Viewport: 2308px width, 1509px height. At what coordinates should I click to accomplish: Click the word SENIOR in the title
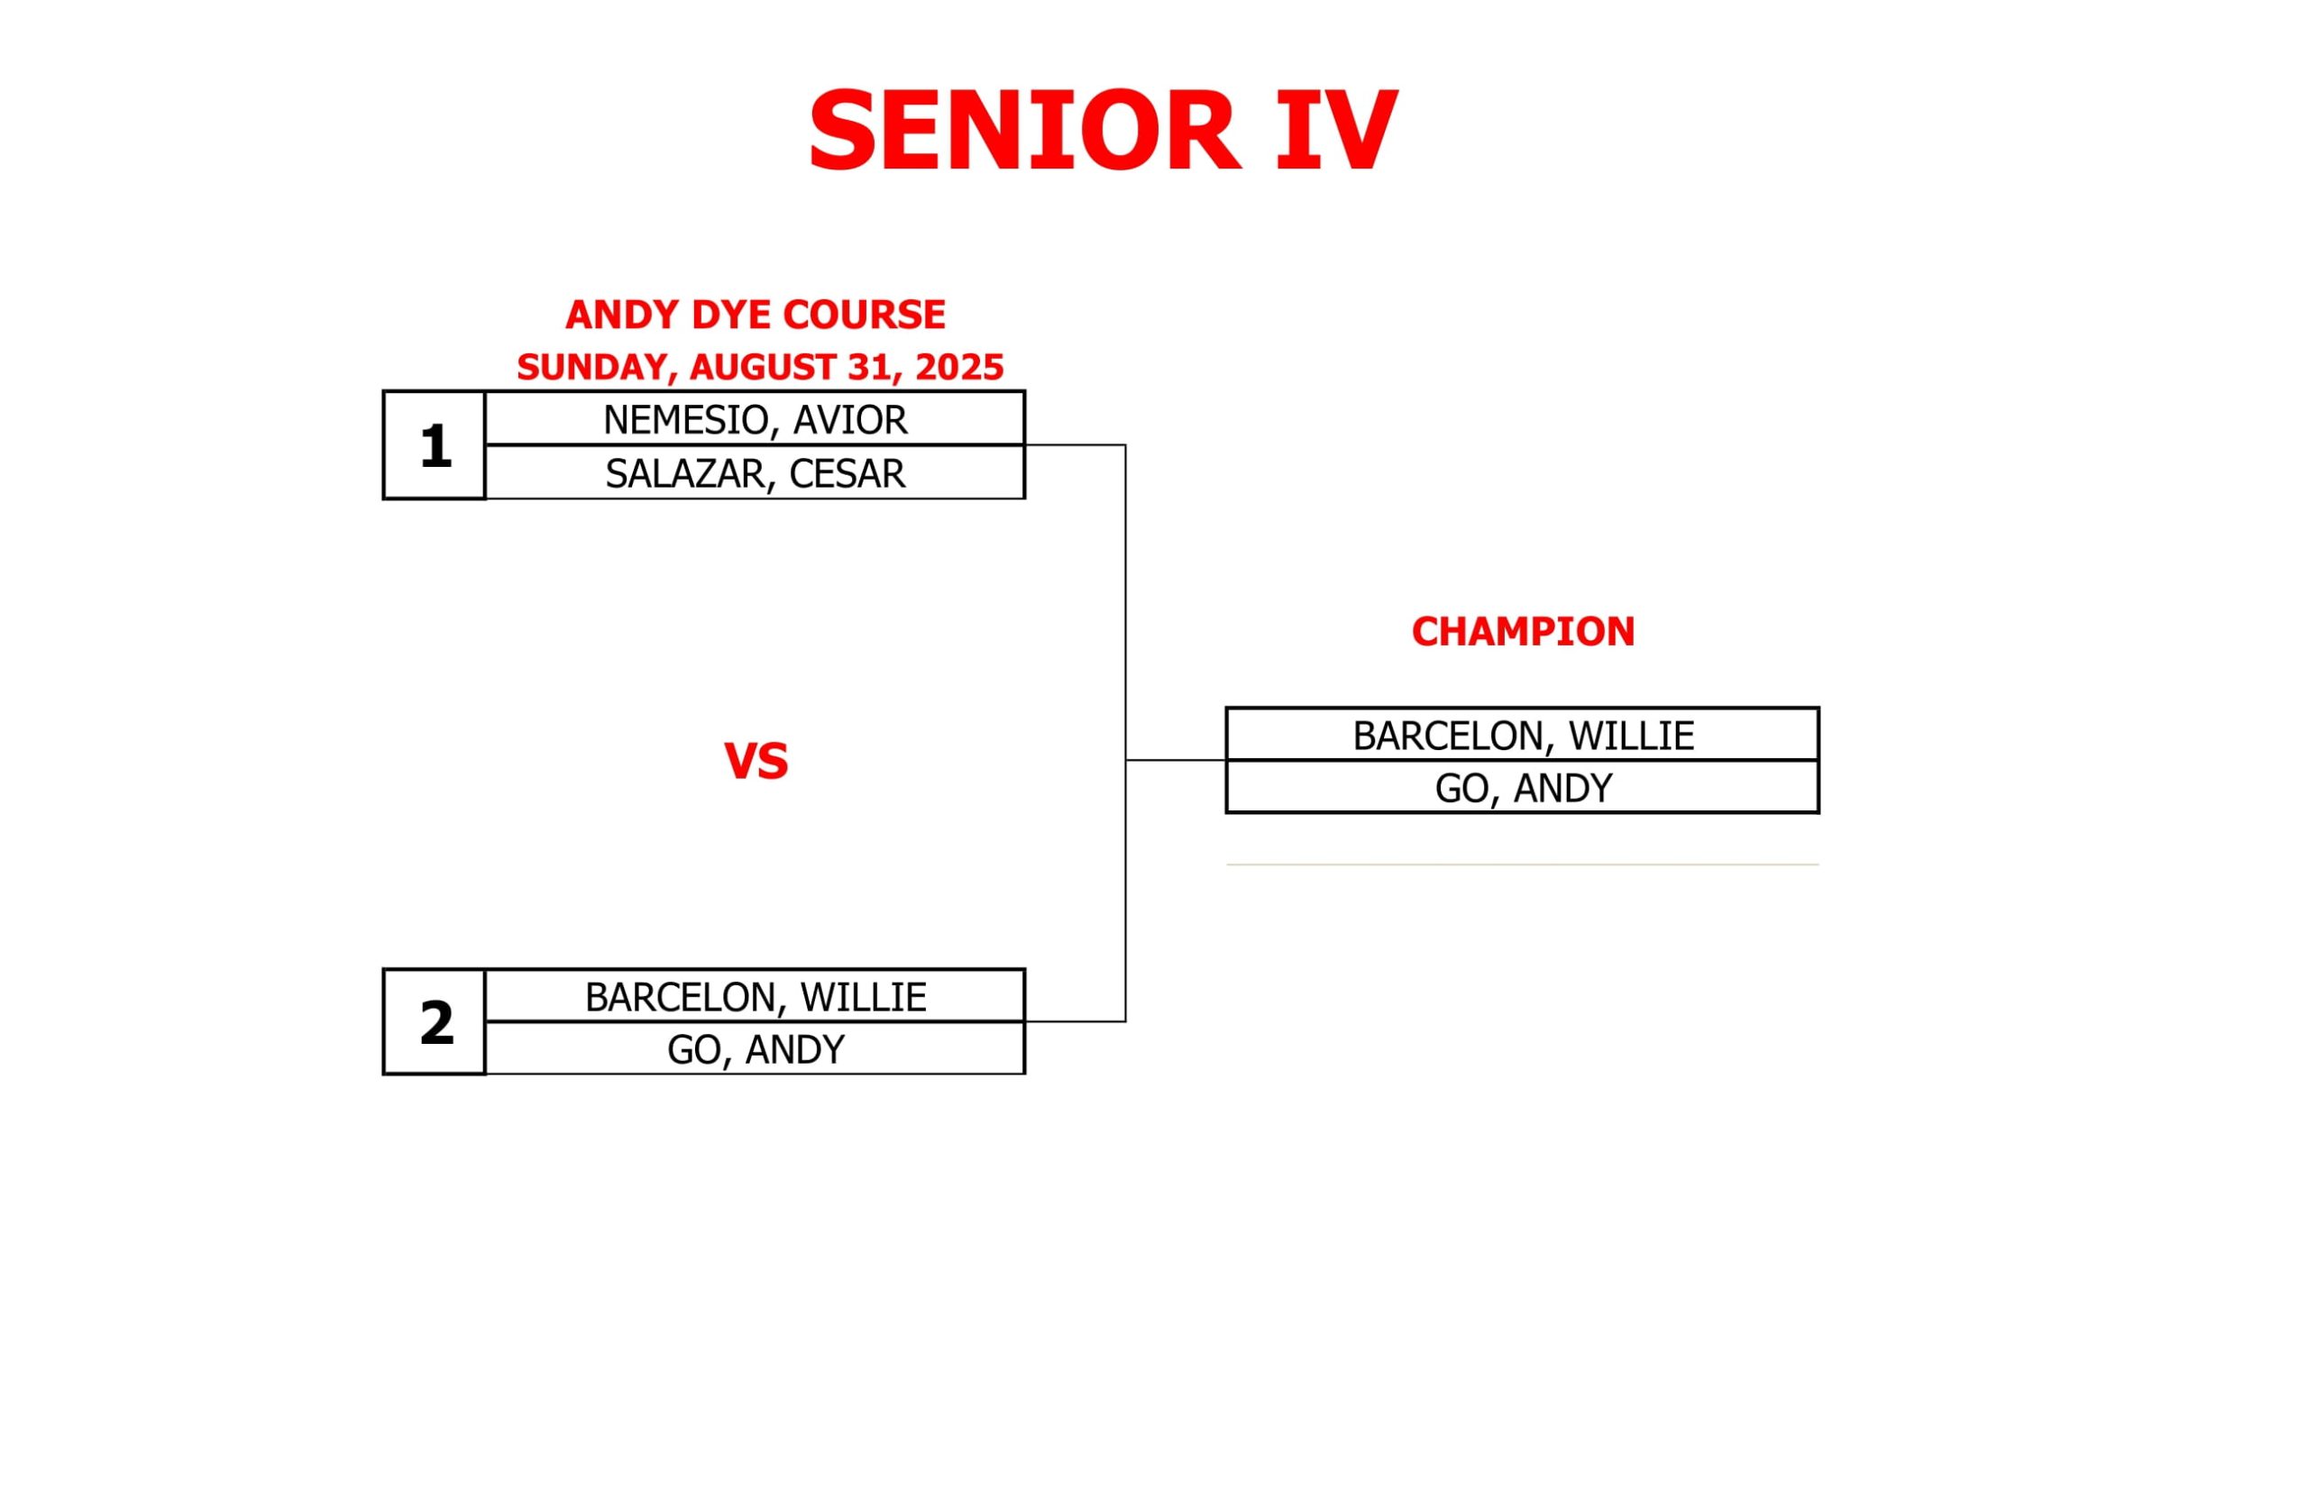1024,131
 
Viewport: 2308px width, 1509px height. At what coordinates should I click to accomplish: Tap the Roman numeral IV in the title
1336,131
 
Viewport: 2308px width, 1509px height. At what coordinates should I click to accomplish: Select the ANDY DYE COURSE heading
756,315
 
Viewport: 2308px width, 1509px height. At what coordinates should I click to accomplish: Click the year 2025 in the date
958,367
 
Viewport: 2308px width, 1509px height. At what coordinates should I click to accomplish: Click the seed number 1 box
435,445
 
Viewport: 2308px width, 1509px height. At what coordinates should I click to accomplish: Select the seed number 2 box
435,1022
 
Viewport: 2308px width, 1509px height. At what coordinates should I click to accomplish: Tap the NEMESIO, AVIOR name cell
756,419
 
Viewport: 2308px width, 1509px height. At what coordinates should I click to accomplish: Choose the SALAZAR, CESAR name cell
756,472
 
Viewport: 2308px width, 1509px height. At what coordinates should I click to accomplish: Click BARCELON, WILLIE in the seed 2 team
756,996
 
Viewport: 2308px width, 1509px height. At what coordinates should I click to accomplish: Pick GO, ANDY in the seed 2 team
756,1048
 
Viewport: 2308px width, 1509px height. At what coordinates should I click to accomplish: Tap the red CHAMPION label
1523,631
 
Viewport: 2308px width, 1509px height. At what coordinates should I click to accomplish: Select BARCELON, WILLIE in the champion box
1523,735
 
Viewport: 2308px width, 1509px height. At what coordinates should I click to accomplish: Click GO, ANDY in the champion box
1523,788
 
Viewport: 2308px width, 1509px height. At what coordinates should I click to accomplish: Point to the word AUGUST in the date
764,368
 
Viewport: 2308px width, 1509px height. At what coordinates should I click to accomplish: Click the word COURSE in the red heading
863,315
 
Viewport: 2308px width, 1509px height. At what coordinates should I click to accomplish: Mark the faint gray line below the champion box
1523,864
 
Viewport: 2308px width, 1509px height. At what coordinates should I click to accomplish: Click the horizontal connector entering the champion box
1177,760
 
